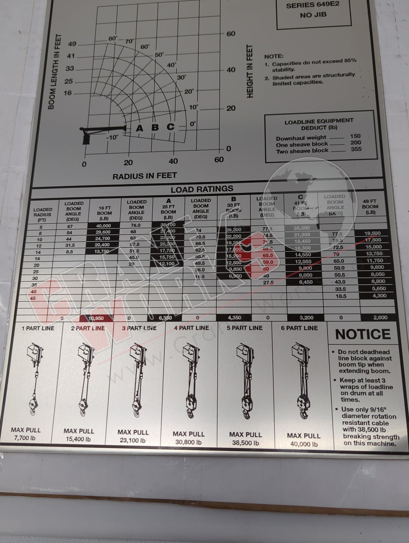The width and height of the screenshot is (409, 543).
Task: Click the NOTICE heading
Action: [x=363, y=334]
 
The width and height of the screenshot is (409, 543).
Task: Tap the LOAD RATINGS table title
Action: [x=202, y=189]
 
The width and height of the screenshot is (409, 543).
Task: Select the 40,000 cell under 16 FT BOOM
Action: [x=103, y=226]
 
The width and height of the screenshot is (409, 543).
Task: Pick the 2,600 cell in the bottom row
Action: [x=380, y=317]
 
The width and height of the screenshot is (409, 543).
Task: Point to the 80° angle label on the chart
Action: [x=113, y=38]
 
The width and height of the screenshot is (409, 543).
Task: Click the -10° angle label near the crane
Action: [x=112, y=138]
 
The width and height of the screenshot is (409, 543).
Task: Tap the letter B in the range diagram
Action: [x=155, y=127]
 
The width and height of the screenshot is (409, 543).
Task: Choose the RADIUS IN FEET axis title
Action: [x=145, y=176]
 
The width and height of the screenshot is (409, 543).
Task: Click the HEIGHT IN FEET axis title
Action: [x=250, y=71]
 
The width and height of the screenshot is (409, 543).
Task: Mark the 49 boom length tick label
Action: [x=72, y=44]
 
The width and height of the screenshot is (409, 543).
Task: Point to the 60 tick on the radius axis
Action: [x=219, y=160]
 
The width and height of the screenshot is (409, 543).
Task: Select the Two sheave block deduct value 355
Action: [x=356, y=149]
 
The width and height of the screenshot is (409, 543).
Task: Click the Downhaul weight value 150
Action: [x=355, y=136]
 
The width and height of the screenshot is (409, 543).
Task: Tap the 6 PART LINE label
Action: [x=299, y=328]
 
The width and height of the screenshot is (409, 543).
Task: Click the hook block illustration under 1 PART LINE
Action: [x=33, y=404]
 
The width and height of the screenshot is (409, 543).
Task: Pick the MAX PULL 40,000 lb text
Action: [x=304, y=440]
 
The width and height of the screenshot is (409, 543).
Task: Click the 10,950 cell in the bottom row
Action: [x=96, y=318]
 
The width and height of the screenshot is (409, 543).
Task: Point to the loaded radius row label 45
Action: [x=33, y=298]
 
